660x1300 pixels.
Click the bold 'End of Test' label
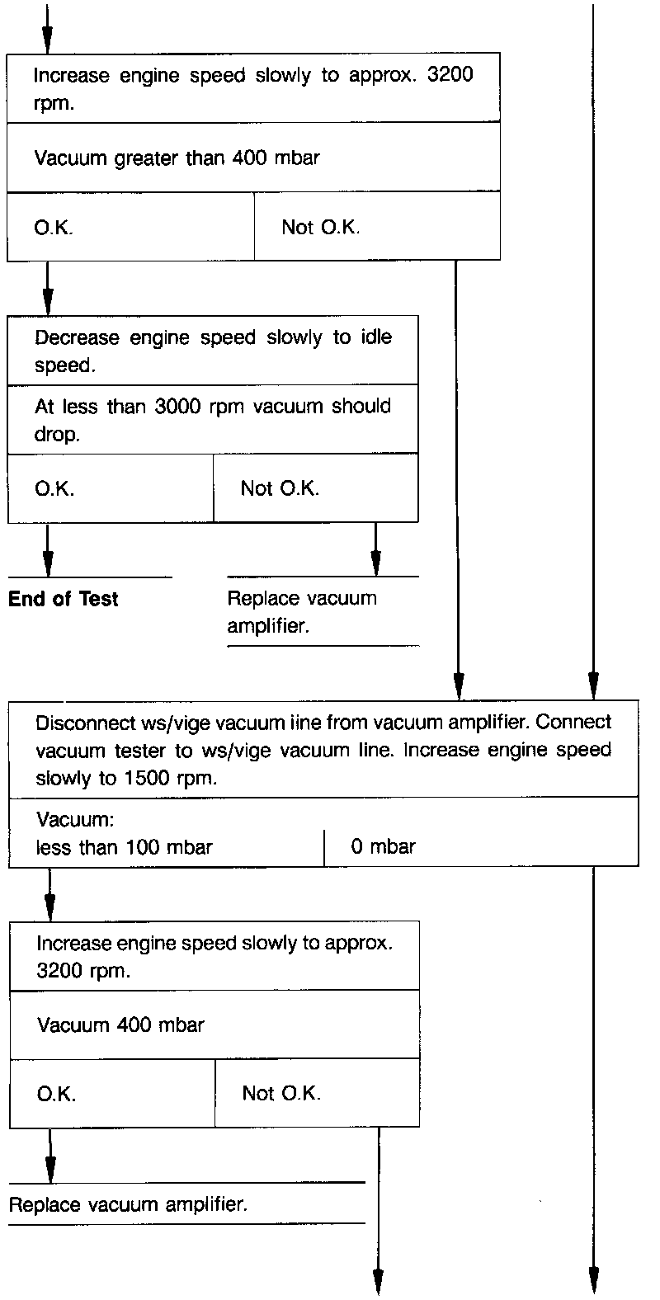[x=64, y=599]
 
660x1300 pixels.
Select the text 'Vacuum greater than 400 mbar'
[x=176, y=158]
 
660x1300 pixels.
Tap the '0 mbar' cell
[x=383, y=846]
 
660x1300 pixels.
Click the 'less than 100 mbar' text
[x=124, y=847]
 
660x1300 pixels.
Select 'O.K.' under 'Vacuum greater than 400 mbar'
[x=54, y=228]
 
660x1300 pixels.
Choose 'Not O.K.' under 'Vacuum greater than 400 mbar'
[x=320, y=228]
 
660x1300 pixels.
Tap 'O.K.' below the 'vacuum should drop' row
[x=54, y=488]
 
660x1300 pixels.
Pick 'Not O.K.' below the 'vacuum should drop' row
[x=279, y=488]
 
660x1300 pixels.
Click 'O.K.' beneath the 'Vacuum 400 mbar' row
[x=56, y=1094]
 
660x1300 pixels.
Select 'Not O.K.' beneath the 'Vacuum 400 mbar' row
[x=281, y=1094]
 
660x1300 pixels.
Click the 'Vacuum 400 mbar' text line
[x=120, y=1025]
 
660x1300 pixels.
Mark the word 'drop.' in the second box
[x=57, y=434]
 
